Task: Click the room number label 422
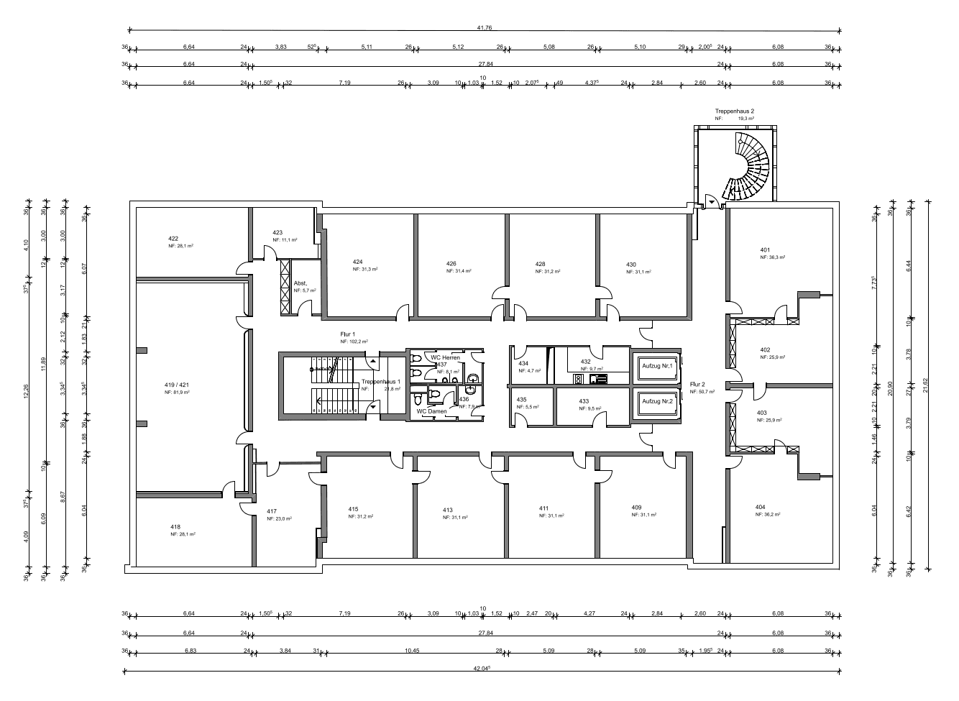(173, 238)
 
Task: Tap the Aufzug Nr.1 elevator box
(657, 367)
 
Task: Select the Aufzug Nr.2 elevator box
(657, 401)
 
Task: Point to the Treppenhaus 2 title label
(734, 111)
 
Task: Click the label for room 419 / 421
(177, 385)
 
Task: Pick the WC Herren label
(445, 357)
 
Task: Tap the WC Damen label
(431, 411)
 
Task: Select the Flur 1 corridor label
(348, 334)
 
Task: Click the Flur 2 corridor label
(697, 384)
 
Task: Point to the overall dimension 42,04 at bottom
(482, 668)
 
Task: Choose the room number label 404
(760, 507)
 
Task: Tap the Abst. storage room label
(300, 283)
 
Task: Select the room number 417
(272, 511)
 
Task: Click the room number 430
(630, 265)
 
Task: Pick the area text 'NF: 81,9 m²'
(177, 393)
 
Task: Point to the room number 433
(584, 401)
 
